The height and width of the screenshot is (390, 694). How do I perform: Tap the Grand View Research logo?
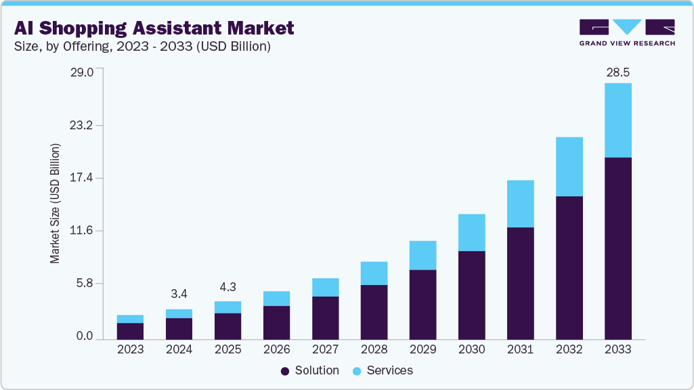pyautogui.click(x=627, y=32)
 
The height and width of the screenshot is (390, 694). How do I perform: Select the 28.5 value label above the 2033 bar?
pyautogui.click(x=617, y=72)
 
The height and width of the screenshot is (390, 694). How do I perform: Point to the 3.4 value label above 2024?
pyautogui.click(x=179, y=294)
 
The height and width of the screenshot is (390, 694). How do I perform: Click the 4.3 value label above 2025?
pyautogui.click(x=227, y=286)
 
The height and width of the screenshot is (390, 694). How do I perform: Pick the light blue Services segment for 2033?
pyautogui.click(x=617, y=120)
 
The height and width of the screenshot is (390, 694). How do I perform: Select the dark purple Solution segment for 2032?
pyautogui.click(x=569, y=267)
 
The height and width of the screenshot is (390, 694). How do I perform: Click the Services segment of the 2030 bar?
pyautogui.click(x=471, y=232)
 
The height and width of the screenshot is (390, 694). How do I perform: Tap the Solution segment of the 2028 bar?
pyautogui.click(x=374, y=311)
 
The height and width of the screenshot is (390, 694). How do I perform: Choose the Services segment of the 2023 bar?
pyautogui.click(x=130, y=319)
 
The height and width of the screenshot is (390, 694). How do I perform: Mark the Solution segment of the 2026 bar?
pyautogui.click(x=276, y=322)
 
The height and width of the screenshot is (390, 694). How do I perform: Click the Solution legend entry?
pyautogui.click(x=309, y=370)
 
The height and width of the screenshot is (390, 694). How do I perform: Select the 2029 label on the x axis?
pyautogui.click(x=422, y=349)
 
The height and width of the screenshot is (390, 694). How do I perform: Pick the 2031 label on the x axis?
pyautogui.click(x=520, y=349)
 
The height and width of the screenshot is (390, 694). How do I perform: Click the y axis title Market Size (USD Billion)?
pyautogui.click(x=55, y=203)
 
